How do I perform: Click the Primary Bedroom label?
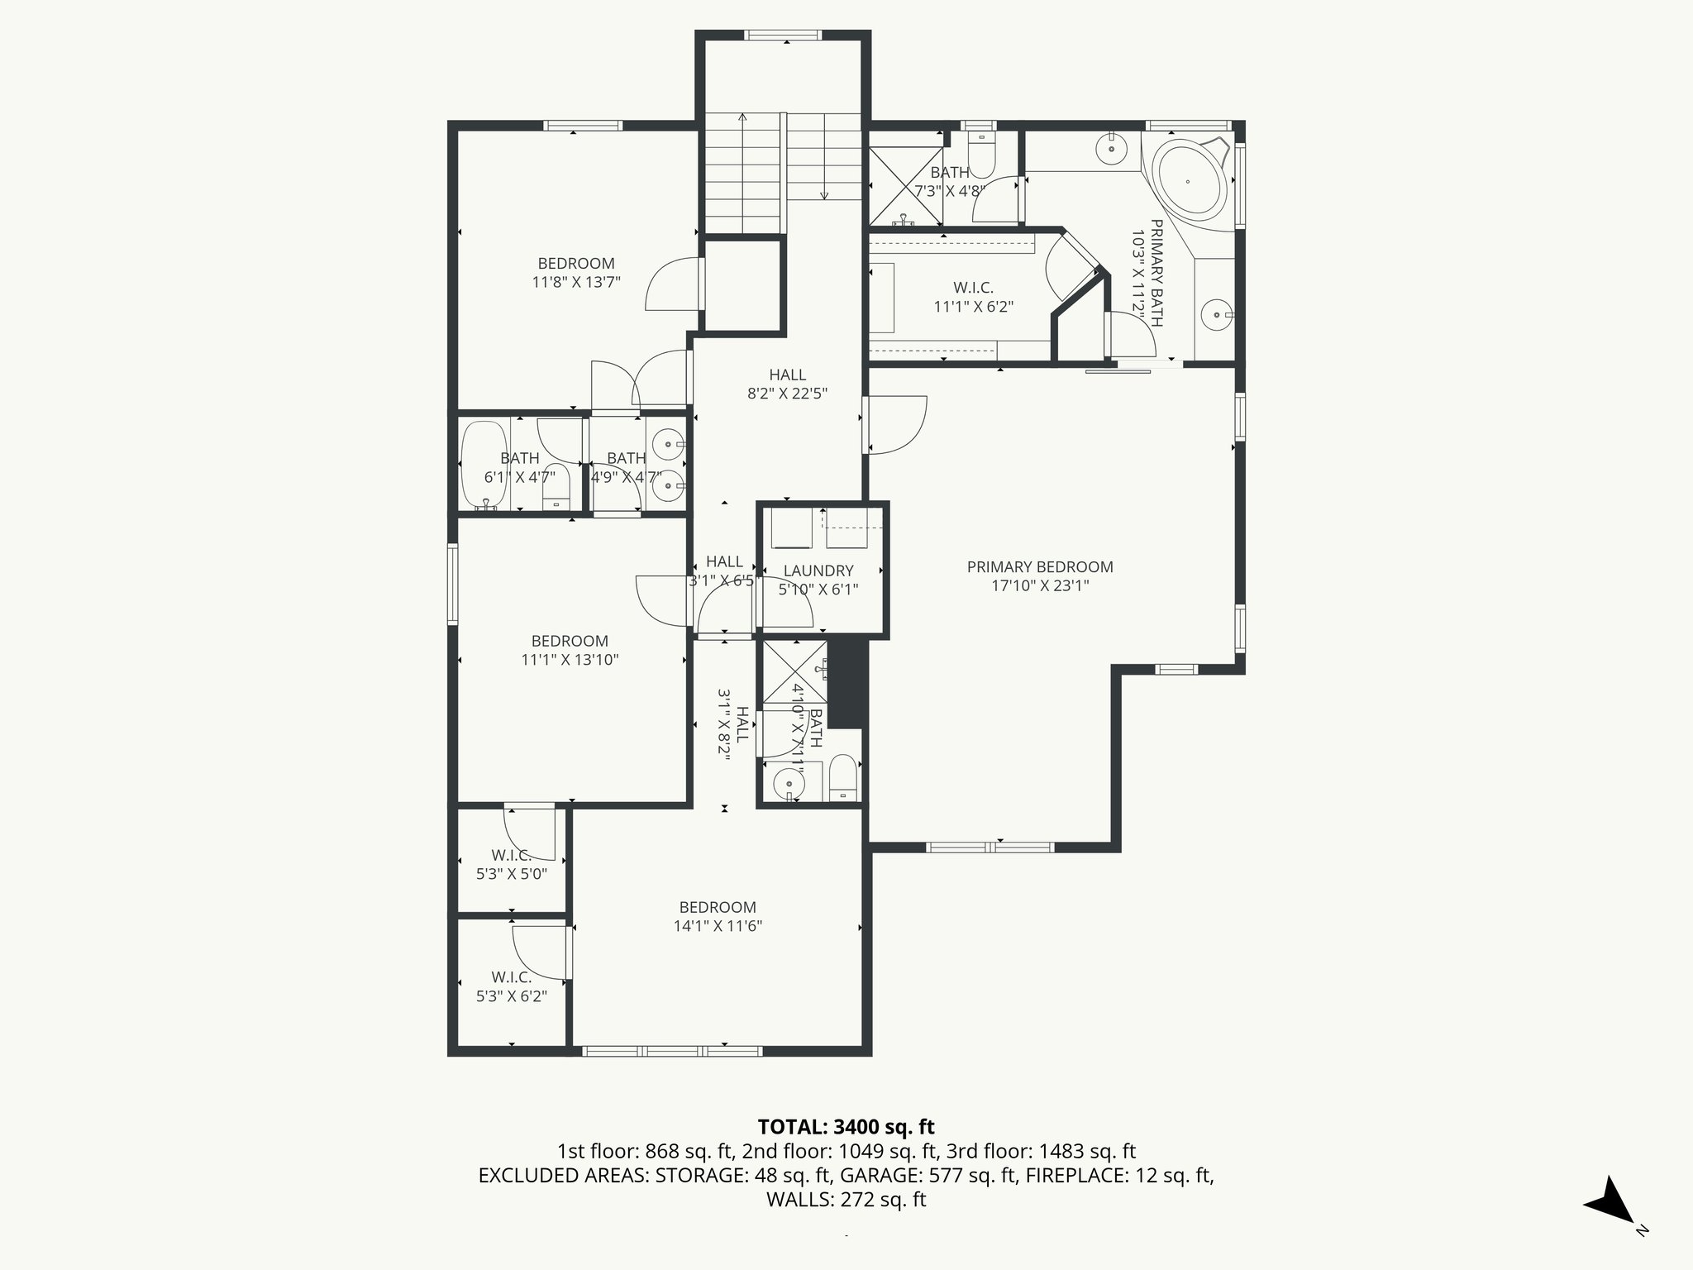coord(1040,567)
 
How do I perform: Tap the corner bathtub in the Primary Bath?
coord(1189,181)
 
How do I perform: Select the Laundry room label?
coord(818,571)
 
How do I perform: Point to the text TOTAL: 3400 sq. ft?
coord(846,1127)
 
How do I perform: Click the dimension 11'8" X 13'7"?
coord(576,282)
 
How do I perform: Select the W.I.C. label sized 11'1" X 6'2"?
coord(973,288)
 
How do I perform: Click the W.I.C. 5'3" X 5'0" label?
coord(511,856)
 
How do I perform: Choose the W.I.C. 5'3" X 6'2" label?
coord(511,977)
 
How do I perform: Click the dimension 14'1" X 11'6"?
coord(718,926)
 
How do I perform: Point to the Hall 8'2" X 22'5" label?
coord(787,375)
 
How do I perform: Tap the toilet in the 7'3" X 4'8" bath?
coord(980,157)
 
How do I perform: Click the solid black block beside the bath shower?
coord(845,683)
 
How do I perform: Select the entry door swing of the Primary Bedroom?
coord(898,425)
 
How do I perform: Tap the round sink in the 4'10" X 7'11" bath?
coord(789,782)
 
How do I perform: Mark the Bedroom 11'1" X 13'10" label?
coord(570,641)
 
